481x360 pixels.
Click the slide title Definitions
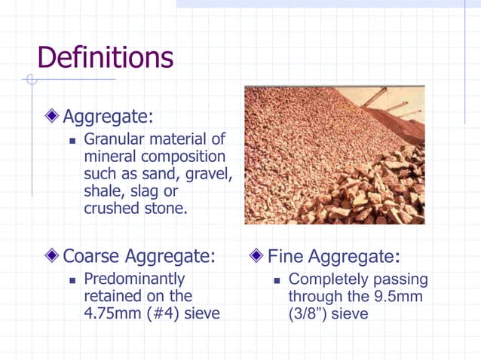[105, 57]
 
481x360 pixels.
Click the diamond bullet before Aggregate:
[51, 117]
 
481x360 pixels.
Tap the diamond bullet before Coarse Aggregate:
[51, 256]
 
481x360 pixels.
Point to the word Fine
[284, 256]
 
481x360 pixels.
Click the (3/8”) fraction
[308, 313]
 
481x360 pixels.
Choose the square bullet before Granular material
[73, 141]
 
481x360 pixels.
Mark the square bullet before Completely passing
[277, 280]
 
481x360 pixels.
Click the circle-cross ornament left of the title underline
[32, 79]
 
